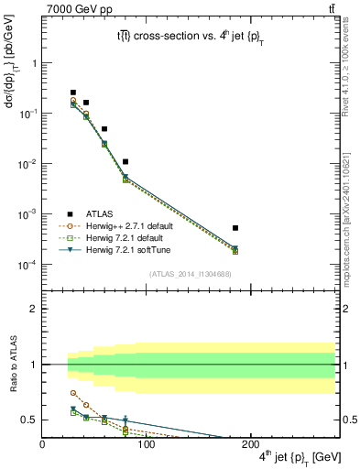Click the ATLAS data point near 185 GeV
pyautogui.click(x=235, y=227)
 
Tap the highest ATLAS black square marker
pyautogui.click(x=73, y=93)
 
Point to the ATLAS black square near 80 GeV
pyautogui.click(x=125, y=161)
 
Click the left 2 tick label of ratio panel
pyautogui.click(x=32, y=309)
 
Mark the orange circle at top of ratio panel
pyautogui.click(x=73, y=393)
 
